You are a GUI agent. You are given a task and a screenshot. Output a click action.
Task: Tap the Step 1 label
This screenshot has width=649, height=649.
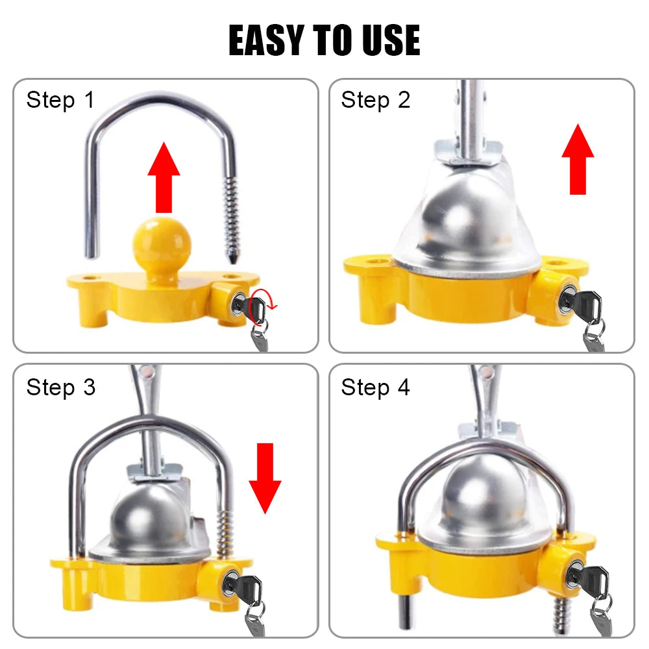pyautogui.click(x=60, y=100)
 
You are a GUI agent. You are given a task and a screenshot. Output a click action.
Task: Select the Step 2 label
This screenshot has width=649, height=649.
pyautogui.click(x=376, y=100)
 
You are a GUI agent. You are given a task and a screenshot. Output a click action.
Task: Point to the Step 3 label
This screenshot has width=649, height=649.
pyautogui.click(x=60, y=387)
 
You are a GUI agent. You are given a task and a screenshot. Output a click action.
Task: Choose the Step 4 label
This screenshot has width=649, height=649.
pyautogui.click(x=376, y=387)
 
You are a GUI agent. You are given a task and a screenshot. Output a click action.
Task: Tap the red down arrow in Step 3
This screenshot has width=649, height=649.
pyautogui.click(x=265, y=477)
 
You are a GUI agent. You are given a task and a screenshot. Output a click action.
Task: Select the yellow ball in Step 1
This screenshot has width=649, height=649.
pyautogui.click(x=162, y=243)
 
